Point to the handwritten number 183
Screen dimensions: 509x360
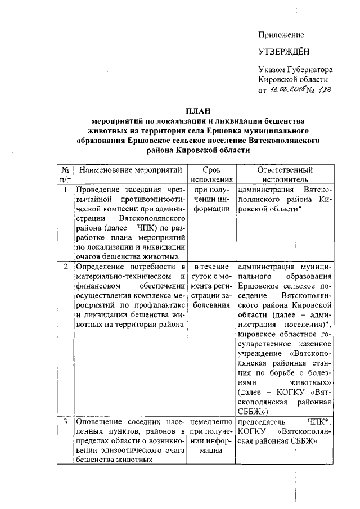324,91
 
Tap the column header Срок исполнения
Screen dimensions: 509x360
211,174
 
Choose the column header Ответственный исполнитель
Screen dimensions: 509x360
284,174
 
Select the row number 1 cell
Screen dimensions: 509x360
66,190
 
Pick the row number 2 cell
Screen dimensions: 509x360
66,266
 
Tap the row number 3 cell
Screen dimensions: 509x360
66,421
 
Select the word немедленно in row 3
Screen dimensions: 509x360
211,421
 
